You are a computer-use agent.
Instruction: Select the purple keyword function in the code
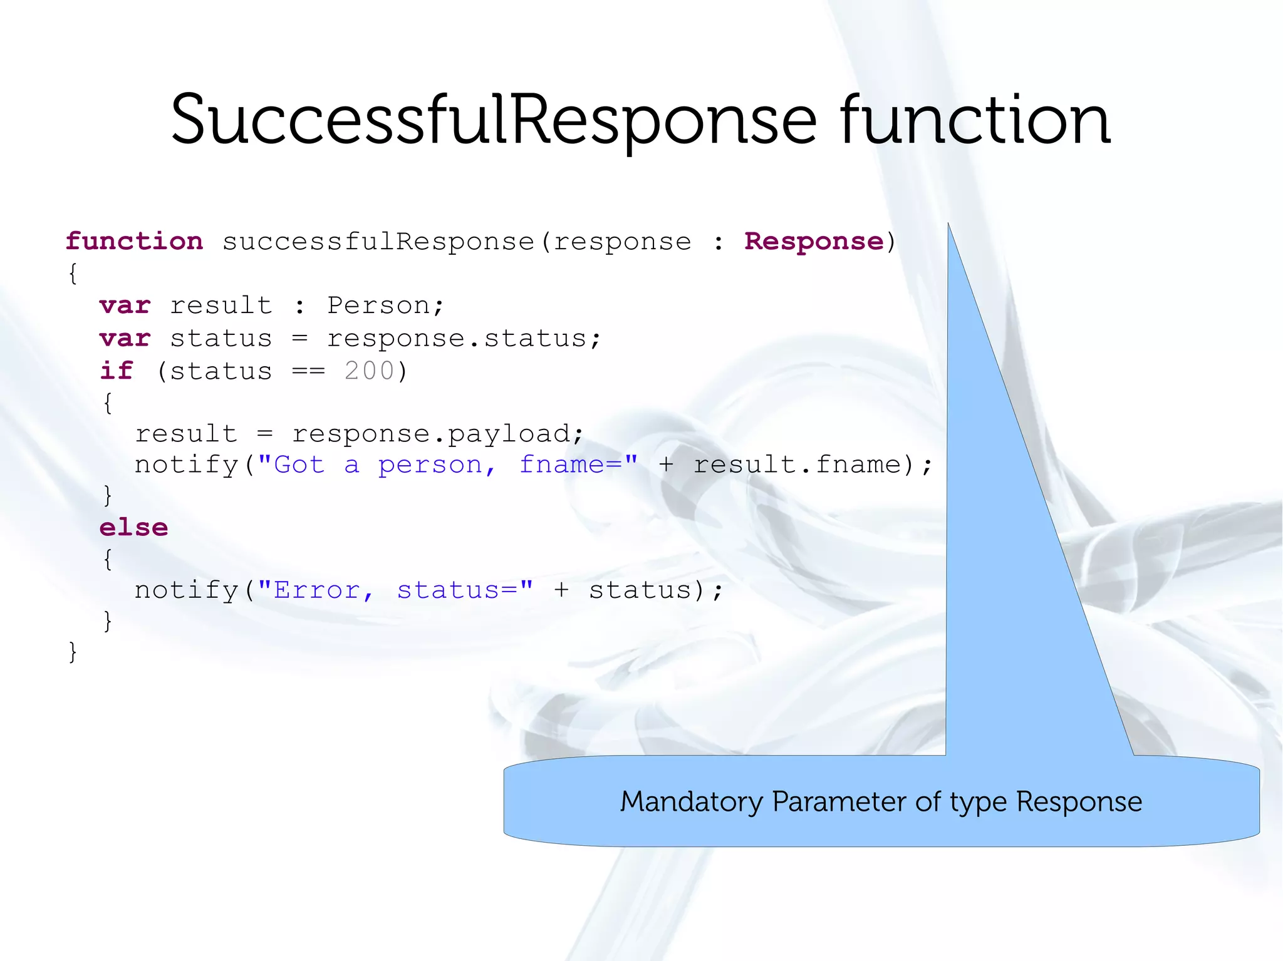(x=134, y=241)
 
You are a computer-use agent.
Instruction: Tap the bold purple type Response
(x=813, y=241)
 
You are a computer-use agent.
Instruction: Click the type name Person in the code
(x=378, y=306)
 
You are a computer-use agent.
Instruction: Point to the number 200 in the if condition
(x=369, y=371)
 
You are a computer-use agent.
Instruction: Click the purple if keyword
(x=117, y=371)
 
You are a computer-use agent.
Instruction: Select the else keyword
(x=133, y=527)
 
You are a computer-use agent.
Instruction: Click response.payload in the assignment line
(x=431, y=433)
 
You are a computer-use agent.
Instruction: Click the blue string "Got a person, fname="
(x=447, y=465)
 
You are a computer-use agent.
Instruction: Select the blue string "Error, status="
(x=395, y=590)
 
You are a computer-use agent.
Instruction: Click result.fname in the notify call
(x=796, y=465)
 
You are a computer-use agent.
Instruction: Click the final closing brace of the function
(x=73, y=652)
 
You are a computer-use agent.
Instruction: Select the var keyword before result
(x=125, y=306)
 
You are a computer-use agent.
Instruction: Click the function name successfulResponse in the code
(x=378, y=241)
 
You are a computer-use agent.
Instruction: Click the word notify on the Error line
(x=186, y=590)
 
